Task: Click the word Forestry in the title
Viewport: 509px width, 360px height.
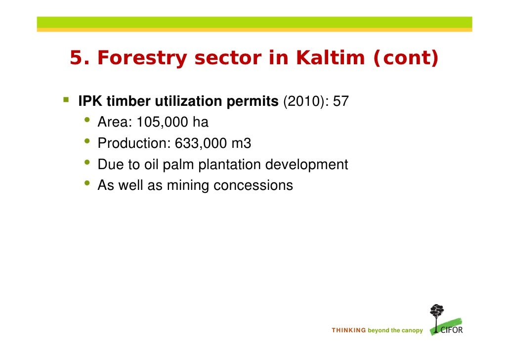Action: pyautogui.click(x=142, y=58)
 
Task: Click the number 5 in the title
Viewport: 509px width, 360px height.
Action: pyautogui.click(x=75, y=58)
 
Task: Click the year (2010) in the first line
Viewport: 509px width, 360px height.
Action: pyautogui.click(x=301, y=101)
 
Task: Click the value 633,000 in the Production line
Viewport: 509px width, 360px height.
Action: pyautogui.click(x=197, y=143)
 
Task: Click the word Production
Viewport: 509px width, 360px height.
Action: pyautogui.click(x=132, y=143)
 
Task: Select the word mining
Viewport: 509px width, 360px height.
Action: pyautogui.click(x=188, y=185)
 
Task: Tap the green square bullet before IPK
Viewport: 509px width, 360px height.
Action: pyautogui.click(x=66, y=100)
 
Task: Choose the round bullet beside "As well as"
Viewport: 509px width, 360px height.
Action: pyautogui.click(x=87, y=184)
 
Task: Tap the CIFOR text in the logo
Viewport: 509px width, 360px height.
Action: pyautogui.click(x=451, y=329)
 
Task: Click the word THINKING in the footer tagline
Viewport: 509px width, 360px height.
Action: pyautogui.click(x=349, y=330)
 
